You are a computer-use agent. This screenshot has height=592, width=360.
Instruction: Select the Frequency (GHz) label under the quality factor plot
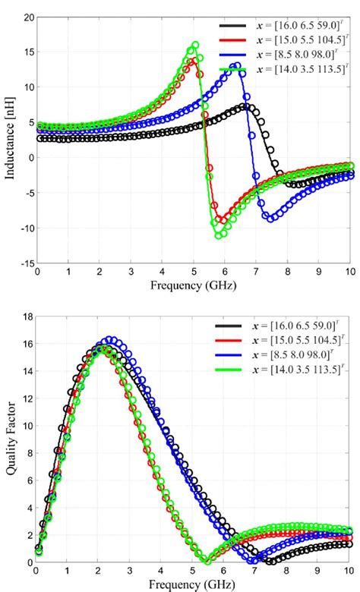tap(193, 584)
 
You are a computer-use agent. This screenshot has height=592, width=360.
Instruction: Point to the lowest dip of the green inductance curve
tap(219, 235)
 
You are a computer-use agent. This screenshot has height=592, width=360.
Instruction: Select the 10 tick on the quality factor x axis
tap(349, 570)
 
